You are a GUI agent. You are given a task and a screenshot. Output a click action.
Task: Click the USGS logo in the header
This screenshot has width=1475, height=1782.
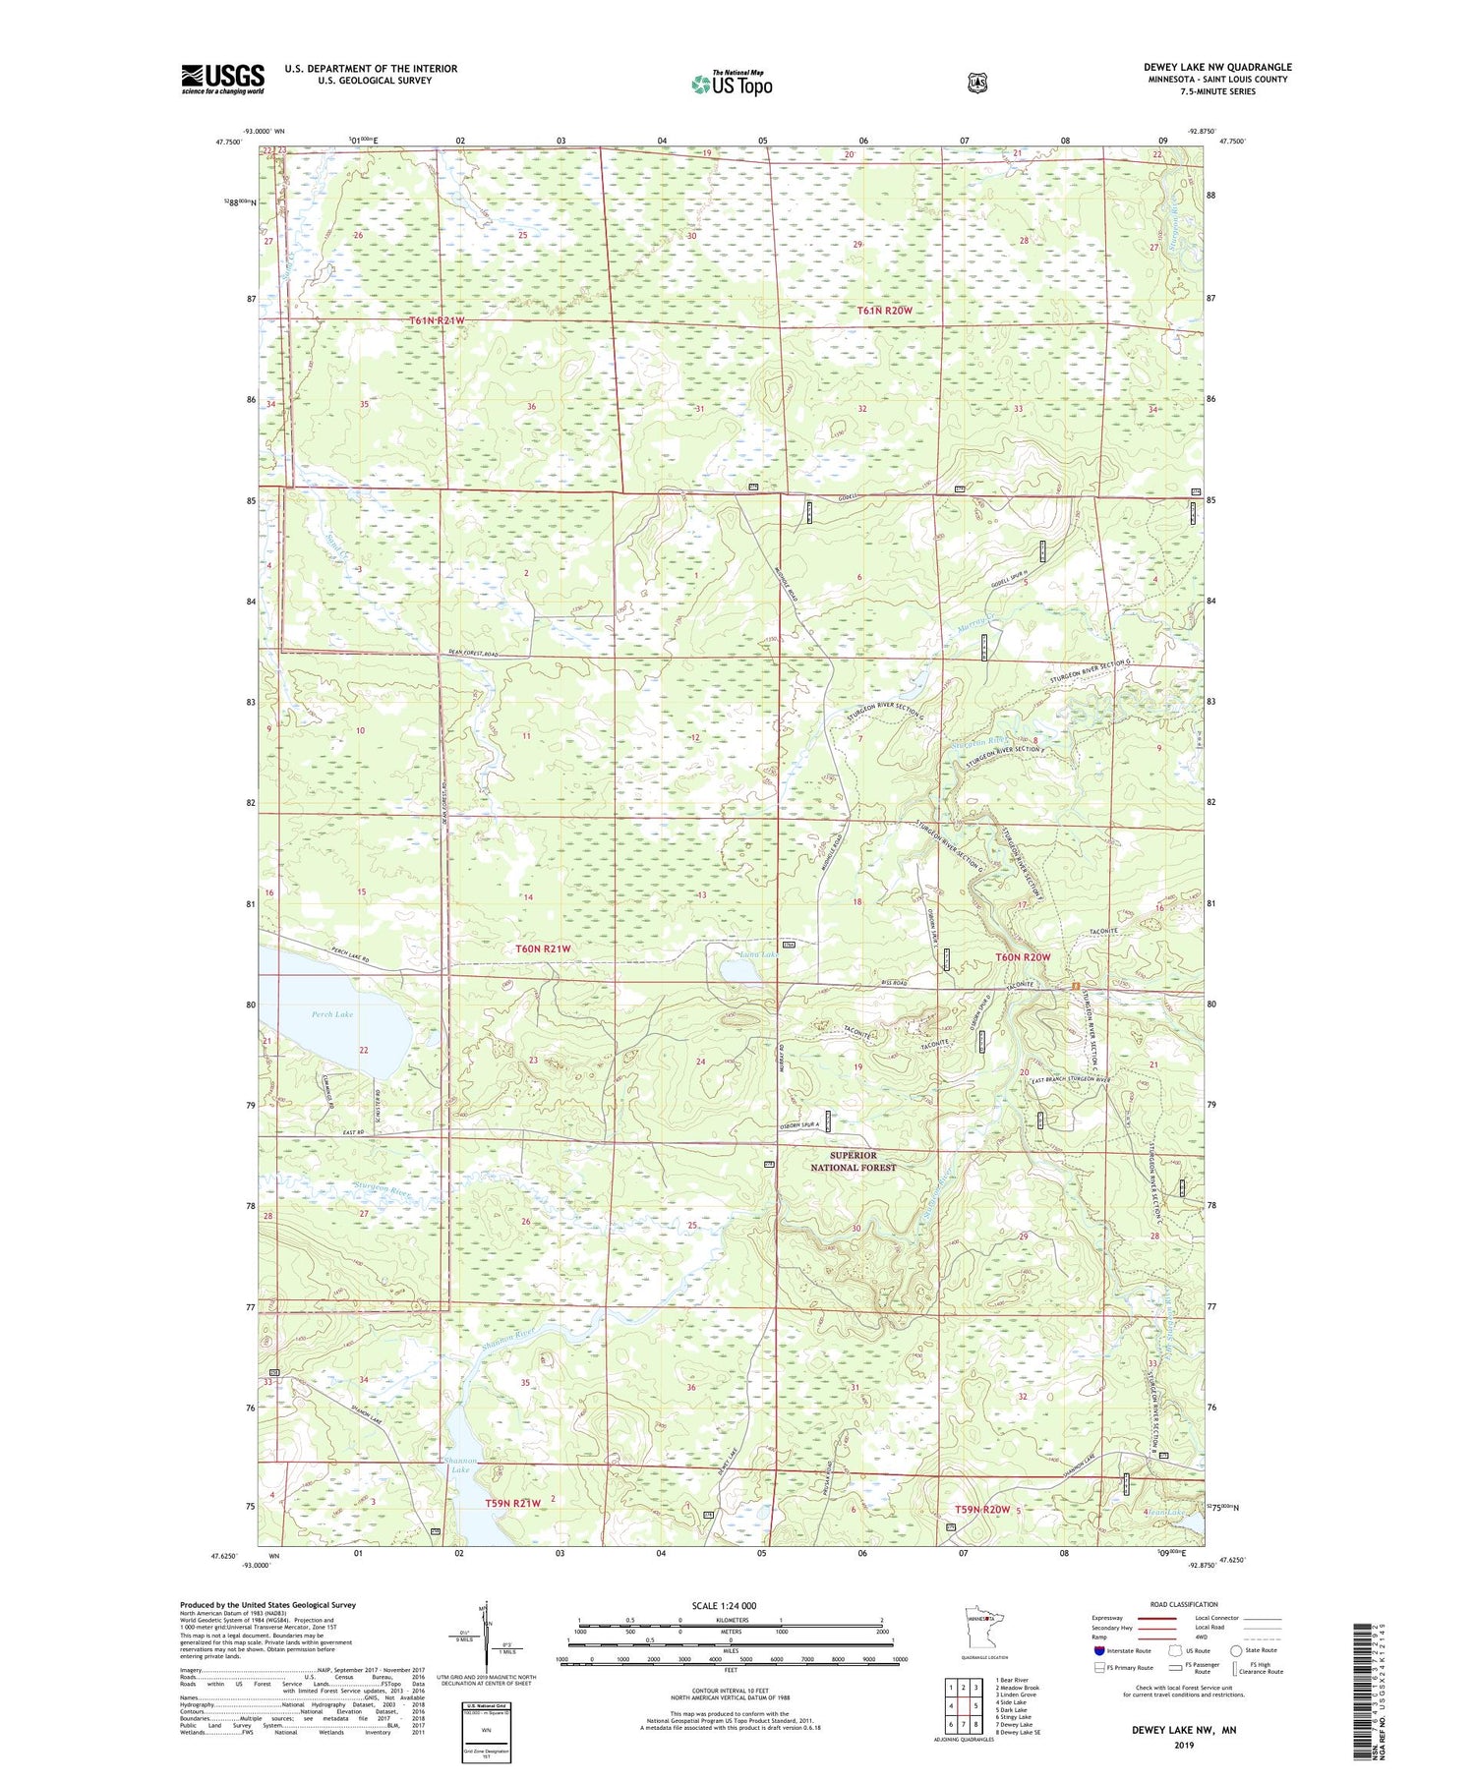click(x=222, y=79)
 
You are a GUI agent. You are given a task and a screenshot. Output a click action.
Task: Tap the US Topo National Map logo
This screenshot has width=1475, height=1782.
click(x=732, y=84)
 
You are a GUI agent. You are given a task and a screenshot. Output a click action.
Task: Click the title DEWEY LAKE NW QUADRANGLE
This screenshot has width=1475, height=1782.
click(x=1217, y=67)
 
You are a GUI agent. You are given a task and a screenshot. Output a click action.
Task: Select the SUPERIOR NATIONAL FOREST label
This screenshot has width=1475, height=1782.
click(x=853, y=1161)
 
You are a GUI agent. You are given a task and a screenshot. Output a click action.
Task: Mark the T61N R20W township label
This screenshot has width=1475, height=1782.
click(x=884, y=311)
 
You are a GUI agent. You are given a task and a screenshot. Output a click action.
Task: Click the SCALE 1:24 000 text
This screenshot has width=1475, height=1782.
click(x=724, y=1605)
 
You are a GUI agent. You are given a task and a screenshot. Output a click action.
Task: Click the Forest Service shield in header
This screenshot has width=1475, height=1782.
click(x=976, y=84)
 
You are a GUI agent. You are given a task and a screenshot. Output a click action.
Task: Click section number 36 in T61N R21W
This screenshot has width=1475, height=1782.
click(x=532, y=407)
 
